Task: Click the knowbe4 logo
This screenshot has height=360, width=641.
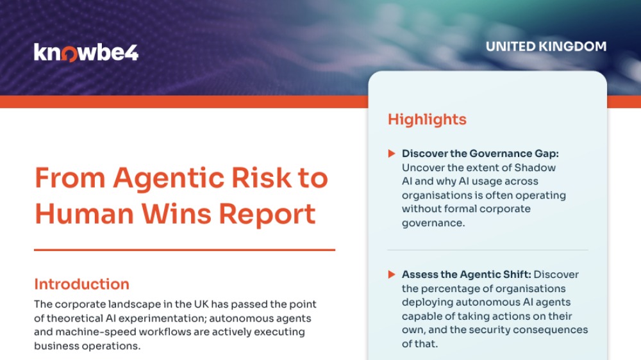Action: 87,53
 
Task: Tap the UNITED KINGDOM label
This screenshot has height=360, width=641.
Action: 545,47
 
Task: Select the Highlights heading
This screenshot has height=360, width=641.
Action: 427,119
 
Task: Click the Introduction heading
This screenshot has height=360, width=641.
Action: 82,284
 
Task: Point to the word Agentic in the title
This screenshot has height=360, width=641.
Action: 169,179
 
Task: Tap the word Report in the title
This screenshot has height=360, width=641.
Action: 267,215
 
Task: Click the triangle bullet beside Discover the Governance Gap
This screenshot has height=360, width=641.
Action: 392,154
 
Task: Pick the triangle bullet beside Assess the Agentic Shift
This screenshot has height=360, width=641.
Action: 392,275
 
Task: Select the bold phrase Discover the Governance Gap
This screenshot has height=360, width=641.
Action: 480,154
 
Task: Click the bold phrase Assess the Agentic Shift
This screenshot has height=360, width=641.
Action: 467,275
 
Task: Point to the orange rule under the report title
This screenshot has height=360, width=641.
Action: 185,250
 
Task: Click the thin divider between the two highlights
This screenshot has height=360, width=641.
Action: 488,250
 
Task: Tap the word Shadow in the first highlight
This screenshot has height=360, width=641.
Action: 535,168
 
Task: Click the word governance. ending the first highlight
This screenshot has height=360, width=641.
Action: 433,223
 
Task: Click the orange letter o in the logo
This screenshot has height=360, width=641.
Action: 70,54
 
